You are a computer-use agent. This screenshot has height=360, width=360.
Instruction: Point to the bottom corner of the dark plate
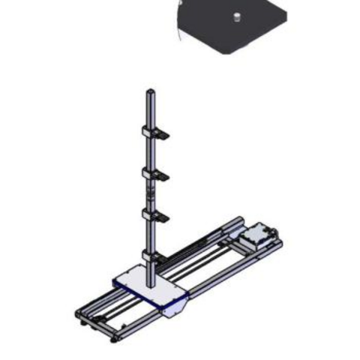click(x=224, y=52)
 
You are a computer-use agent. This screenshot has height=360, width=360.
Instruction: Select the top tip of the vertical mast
click(x=149, y=91)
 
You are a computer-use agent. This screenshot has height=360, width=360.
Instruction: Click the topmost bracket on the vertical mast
click(x=155, y=133)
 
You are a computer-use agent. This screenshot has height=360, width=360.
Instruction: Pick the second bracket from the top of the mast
click(x=155, y=175)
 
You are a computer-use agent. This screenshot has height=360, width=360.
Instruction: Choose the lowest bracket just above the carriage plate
click(x=154, y=256)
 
